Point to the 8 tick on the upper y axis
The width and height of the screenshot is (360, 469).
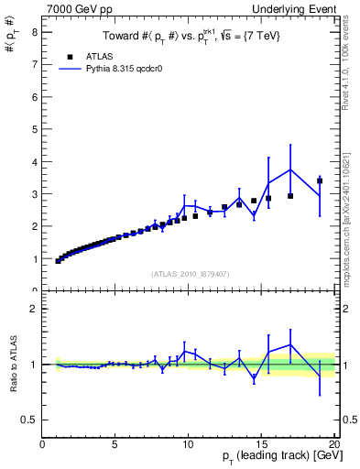click(x=34, y=32)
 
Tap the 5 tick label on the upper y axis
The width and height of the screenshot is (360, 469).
click(x=34, y=129)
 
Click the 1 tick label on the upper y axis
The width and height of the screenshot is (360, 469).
click(x=34, y=259)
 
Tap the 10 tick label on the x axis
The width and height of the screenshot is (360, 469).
click(x=188, y=444)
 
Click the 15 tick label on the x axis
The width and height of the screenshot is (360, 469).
click(x=261, y=444)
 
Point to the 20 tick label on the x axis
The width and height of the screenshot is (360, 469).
click(x=333, y=444)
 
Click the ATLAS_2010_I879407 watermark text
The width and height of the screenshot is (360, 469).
click(x=189, y=273)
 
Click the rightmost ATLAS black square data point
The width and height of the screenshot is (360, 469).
click(x=320, y=180)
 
